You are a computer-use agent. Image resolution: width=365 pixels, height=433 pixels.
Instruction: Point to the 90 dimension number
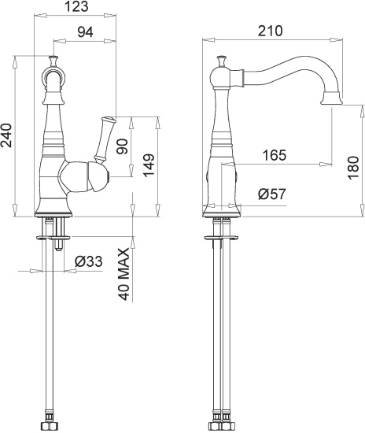pos(122,146)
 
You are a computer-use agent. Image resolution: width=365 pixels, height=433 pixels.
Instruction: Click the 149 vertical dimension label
pos(147,167)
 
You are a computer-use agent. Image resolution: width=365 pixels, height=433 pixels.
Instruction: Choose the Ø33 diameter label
pos(89,262)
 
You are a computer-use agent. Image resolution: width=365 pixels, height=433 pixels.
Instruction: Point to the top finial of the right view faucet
pos(222,61)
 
